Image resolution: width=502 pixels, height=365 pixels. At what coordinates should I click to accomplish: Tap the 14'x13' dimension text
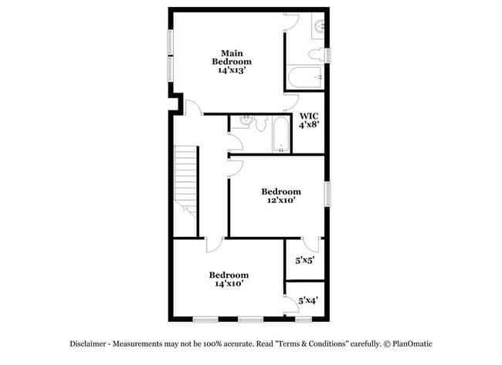click(232, 69)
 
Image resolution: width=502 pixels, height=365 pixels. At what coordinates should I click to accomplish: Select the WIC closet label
click(309, 117)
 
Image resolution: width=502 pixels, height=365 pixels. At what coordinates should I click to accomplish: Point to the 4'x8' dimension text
click(309, 129)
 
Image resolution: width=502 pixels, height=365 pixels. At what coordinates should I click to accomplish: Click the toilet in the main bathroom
click(316, 54)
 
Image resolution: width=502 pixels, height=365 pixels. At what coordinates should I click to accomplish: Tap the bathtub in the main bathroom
click(305, 79)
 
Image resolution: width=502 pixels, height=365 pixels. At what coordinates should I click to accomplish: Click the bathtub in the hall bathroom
click(280, 134)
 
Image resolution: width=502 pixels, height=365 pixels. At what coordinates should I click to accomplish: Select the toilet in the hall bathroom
click(260, 123)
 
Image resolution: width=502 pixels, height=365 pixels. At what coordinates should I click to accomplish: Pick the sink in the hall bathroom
click(246, 121)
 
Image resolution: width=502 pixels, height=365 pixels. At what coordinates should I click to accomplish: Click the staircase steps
click(186, 177)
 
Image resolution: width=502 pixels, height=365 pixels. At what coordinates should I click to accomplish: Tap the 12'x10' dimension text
click(280, 201)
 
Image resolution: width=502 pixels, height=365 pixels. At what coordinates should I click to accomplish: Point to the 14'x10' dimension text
click(229, 284)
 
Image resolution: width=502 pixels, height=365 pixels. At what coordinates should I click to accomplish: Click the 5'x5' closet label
click(305, 261)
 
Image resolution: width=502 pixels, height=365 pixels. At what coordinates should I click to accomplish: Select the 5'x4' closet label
click(307, 300)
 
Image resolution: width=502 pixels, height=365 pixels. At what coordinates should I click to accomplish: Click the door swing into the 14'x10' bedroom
click(214, 245)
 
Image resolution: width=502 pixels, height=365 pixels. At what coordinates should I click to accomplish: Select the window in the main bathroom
click(327, 55)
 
